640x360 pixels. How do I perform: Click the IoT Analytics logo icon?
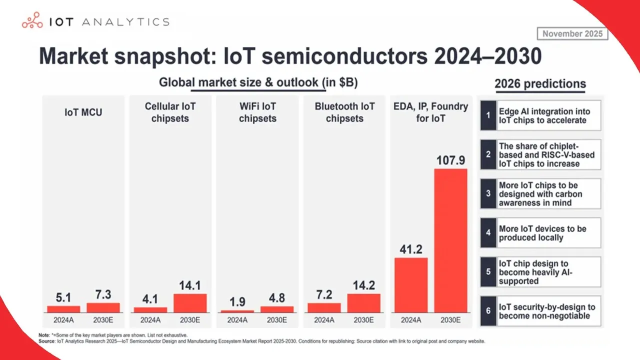pos(32,22)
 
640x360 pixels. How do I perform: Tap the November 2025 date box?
pos(572,34)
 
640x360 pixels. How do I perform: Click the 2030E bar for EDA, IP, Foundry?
pos(450,240)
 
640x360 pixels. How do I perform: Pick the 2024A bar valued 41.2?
pos(411,285)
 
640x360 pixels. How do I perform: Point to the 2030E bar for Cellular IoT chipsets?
pos(190,303)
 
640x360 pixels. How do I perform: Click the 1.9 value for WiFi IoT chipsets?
pos(237,302)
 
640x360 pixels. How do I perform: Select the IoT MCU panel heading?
pos(83,112)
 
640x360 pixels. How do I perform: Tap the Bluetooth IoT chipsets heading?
pos(344,112)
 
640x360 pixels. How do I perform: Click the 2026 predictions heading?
pos(540,84)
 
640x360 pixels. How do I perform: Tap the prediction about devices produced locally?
pos(542,233)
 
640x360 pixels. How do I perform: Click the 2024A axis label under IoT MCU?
pos(63,320)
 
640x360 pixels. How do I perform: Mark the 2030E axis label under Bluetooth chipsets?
pos(363,320)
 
